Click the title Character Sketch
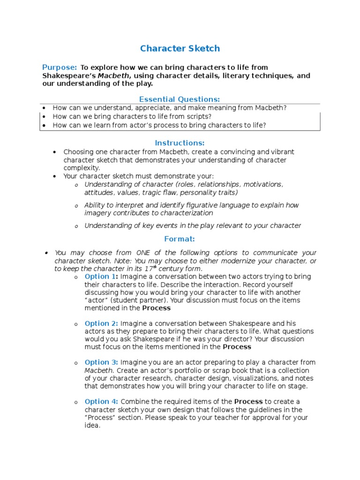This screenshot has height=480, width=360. [180, 48]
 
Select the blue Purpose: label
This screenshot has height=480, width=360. [60, 67]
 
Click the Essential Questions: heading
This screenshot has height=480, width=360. [180, 99]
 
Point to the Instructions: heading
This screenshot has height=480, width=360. [180, 142]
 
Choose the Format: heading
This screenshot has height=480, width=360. [180, 239]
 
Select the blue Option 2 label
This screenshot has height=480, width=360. [101, 323]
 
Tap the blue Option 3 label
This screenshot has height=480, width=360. [101, 362]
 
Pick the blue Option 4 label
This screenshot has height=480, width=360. [101, 402]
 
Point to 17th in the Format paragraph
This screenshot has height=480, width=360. [150, 269]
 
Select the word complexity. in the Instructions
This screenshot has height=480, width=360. [82, 168]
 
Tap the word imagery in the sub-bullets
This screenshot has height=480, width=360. [97, 213]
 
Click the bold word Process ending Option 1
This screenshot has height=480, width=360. [156, 308]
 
